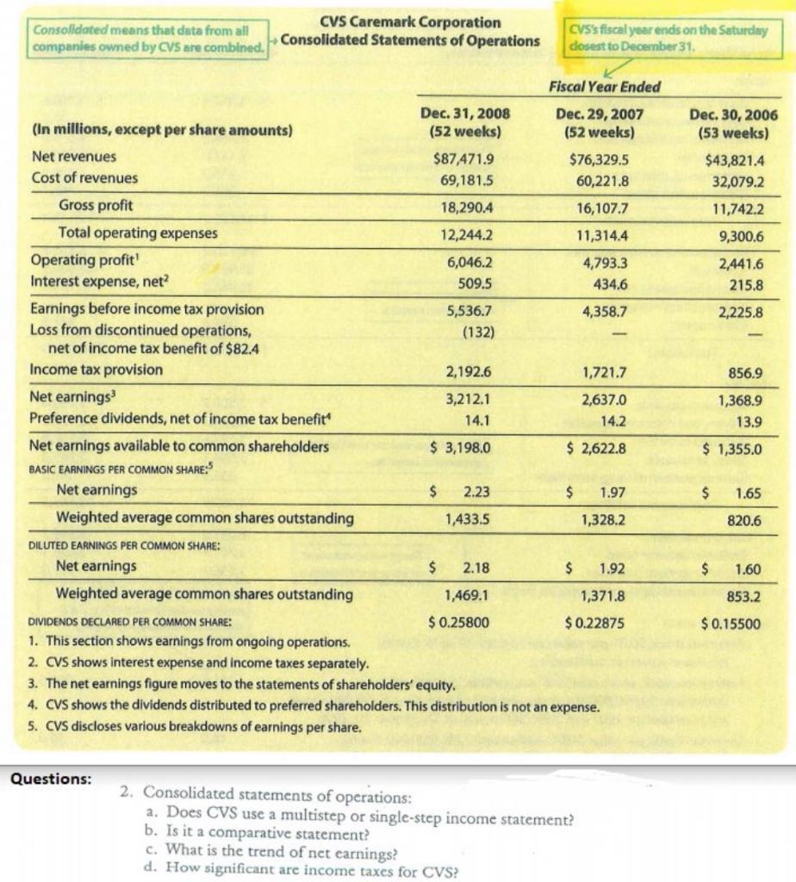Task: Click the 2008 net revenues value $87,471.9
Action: click(x=464, y=158)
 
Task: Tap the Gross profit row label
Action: click(x=96, y=206)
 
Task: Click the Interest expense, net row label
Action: click(x=101, y=281)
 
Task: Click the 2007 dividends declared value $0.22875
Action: click(x=595, y=624)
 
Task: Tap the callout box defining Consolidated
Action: click(x=147, y=39)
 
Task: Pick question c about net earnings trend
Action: click(x=272, y=851)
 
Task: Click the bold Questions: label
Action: click(x=49, y=778)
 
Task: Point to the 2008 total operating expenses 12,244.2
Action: click(x=466, y=233)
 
